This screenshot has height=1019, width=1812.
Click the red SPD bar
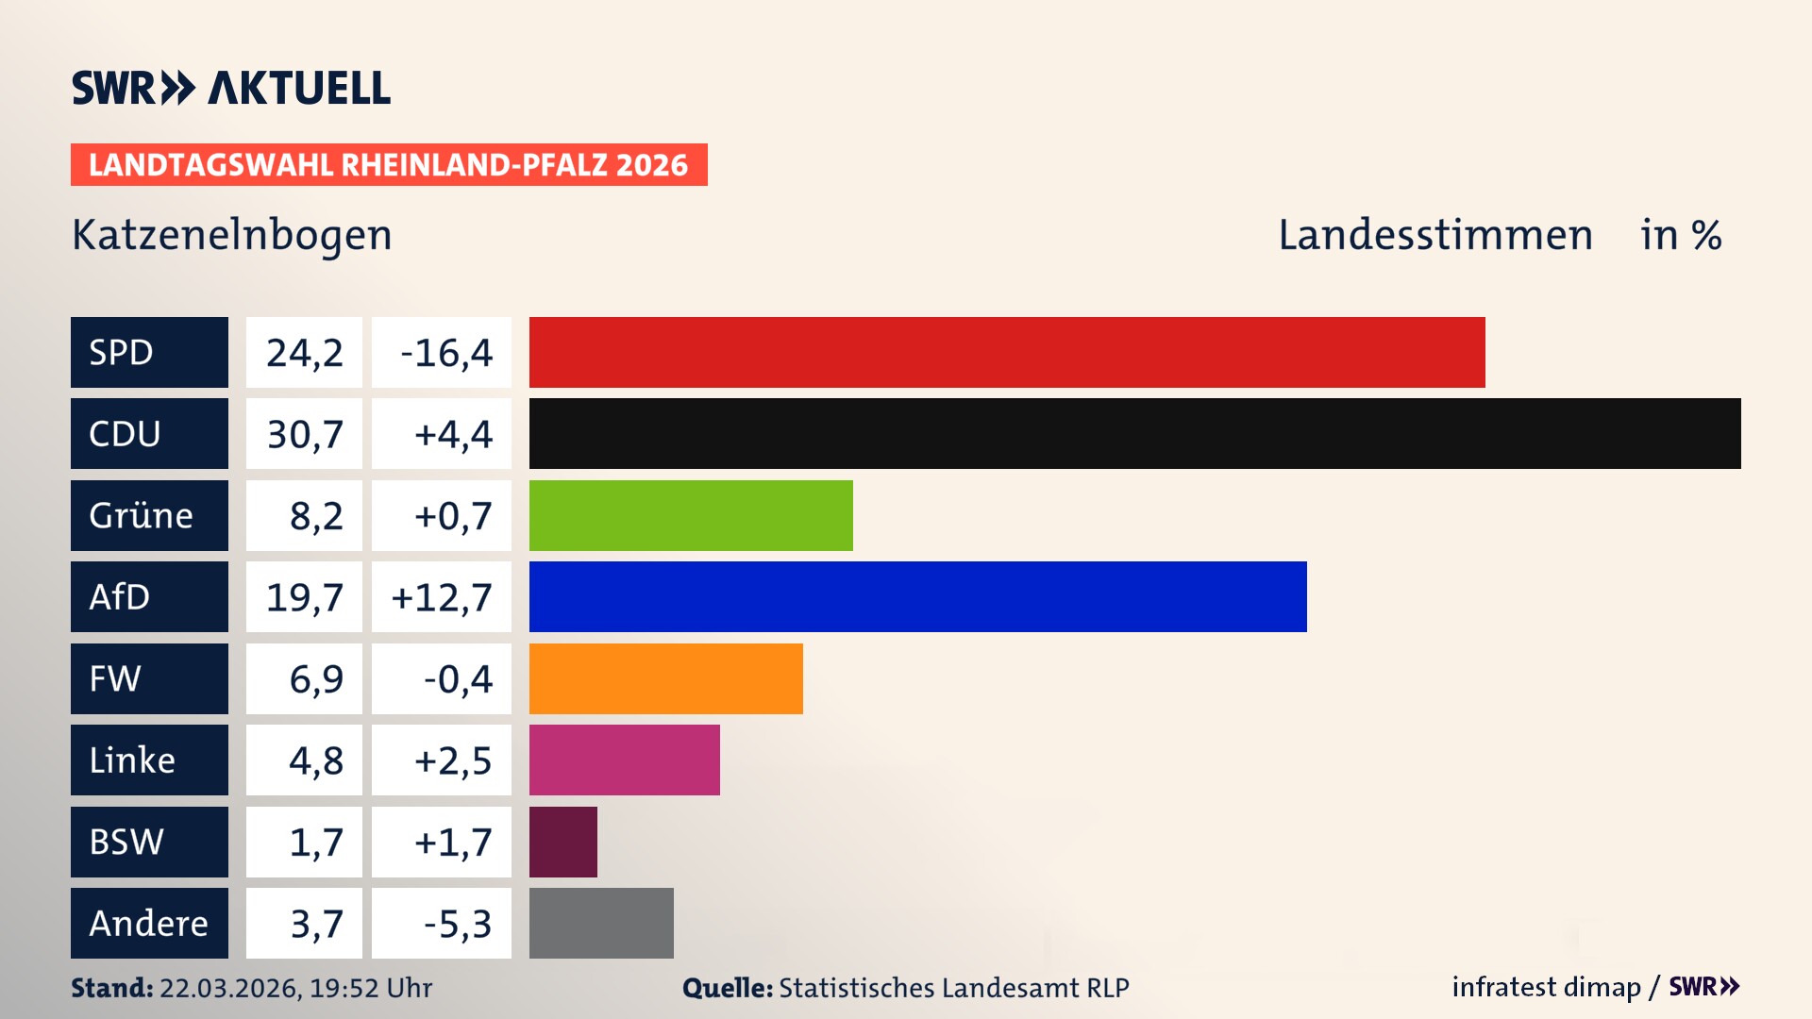pyautogui.click(x=1007, y=352)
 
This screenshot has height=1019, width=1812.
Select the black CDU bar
pyautogui.click(x=1134, y=433)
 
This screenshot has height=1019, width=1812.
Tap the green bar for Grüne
pyautogui.click(x=691, y=515)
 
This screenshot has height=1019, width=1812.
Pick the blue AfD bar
pyautogui.click(x=917, y=596)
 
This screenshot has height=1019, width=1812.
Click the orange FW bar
pyautogui.click(x=665, y=678)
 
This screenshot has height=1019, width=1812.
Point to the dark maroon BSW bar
pyautogui.click(x=563, y=842)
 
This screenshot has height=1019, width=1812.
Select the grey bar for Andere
pyautogui.click(x=601, y=923)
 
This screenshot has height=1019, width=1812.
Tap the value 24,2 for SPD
pyautogui.click(x=304, y=353)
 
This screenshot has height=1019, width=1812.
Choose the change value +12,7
pyautogui.click(x=442, y=597)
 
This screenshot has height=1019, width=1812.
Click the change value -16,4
pyautogui.click(x=445, y=353)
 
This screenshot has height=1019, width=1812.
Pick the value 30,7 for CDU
pyautogui.click(x=304, y=434)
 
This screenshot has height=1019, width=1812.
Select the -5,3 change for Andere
pyautogui.click(x=457, y=924)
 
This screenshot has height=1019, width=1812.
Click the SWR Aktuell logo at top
pyautogui.click(x=231, y=88)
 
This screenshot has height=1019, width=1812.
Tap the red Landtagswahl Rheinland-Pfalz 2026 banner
pyautogui.click(x=389, y=165)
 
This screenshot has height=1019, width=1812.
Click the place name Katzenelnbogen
pyautogui.click(x=232, y=235)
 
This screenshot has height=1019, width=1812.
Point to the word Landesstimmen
pyautogui.click(x=1434, y=235)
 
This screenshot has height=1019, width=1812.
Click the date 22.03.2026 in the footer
pyautogui.click(x=229, y=988)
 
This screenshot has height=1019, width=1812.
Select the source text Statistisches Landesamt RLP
pyautogui.click(x=953, y=988)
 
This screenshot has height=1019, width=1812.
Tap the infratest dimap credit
pyautogui.click(x=1546, y=987)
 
